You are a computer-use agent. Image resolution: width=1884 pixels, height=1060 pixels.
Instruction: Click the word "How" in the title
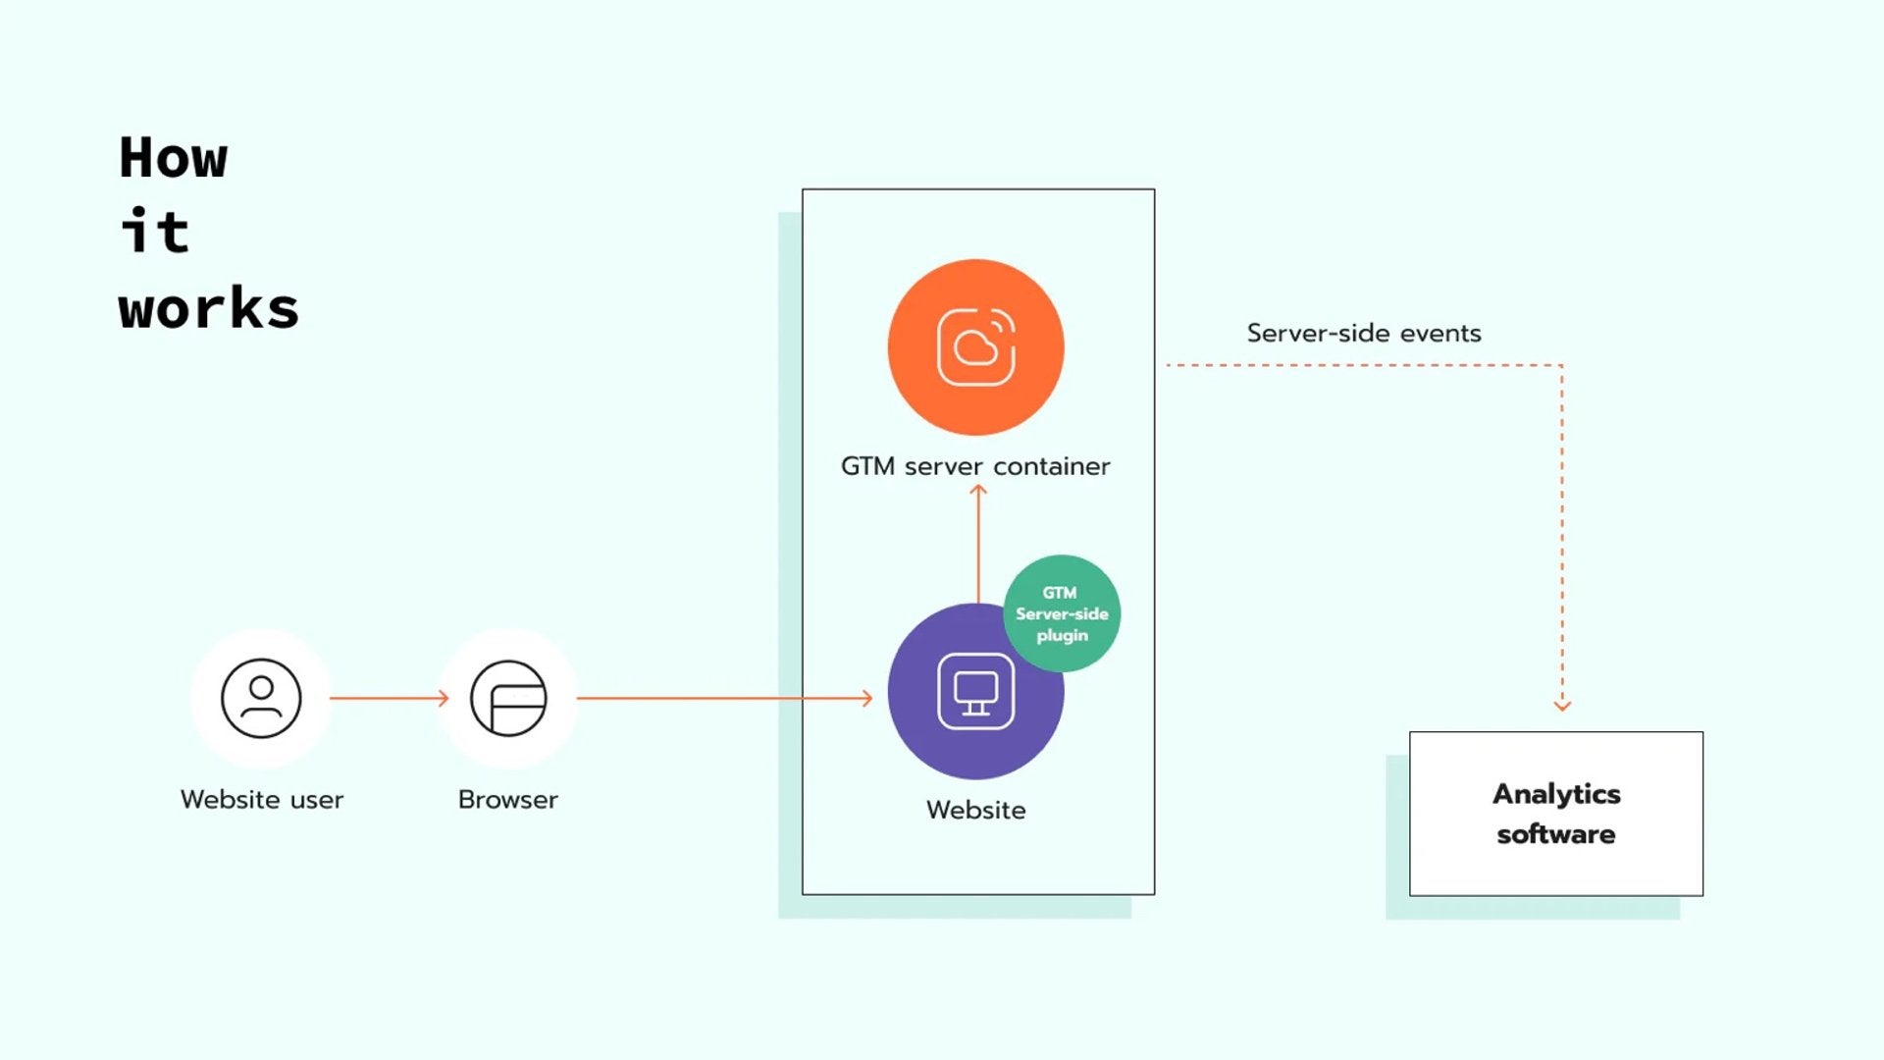coord(174,158)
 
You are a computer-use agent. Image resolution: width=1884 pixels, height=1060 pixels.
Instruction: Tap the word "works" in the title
coord(208,309)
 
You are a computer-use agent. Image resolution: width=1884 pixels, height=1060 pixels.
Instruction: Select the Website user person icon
coord(261,698)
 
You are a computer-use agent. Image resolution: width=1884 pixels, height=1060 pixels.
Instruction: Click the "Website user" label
coord(262,800)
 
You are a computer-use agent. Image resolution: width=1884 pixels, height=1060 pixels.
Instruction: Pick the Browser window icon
coord(508,698)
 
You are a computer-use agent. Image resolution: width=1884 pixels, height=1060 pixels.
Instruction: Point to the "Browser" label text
coord(507,800)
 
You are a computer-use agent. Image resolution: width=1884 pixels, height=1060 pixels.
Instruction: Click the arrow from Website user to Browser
coord(390,698)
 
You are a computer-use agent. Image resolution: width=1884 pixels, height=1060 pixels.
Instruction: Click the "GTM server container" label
coord(975,466)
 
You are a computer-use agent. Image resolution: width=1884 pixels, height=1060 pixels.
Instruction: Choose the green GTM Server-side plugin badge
coord(1062,613)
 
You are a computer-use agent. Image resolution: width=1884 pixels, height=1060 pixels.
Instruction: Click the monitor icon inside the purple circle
coord(975,692)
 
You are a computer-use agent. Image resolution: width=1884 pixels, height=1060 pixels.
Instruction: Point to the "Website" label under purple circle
coord(975,811)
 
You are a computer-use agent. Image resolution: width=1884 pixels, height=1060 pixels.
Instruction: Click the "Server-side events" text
coord(1364,334)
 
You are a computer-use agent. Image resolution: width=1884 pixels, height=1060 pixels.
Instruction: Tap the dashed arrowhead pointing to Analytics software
coord(1562,704)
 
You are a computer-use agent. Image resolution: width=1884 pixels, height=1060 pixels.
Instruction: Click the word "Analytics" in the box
coord(1556,794)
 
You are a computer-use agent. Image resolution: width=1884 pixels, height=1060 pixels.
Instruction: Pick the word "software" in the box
coord(1556,834)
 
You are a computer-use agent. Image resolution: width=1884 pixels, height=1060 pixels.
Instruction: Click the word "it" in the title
coord(155,233)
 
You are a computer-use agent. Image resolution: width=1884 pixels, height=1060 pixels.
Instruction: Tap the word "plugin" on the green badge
coord(1062,635)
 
